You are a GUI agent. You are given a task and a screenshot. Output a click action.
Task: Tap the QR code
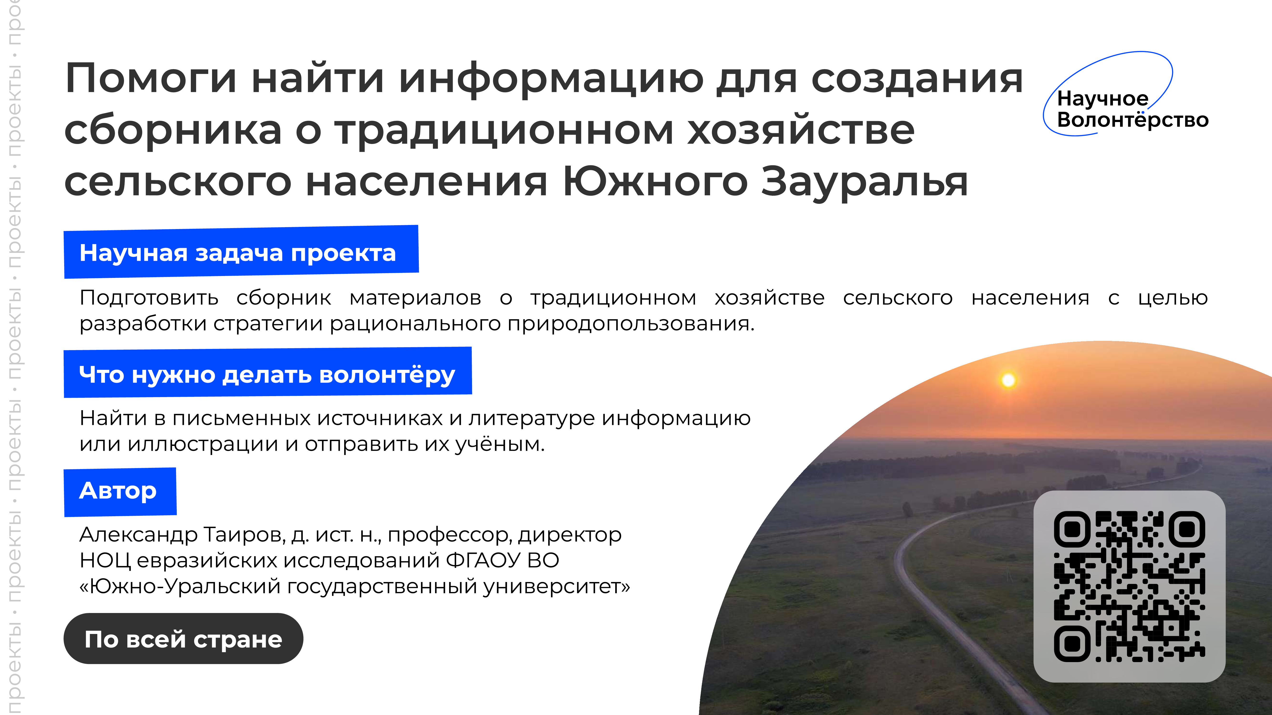1129,586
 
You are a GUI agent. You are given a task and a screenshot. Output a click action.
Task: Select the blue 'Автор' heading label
120,491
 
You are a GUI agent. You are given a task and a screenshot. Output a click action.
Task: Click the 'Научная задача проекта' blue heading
241,252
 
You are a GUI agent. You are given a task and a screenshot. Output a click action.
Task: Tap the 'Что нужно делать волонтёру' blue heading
268,373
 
